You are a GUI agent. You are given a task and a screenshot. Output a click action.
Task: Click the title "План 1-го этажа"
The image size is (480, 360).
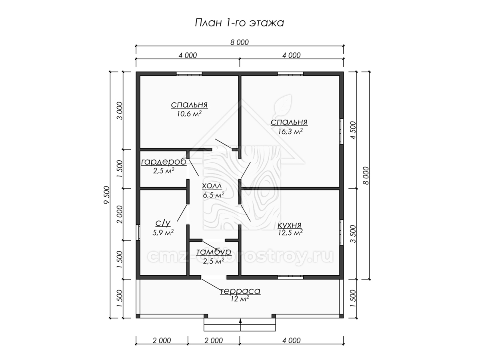tap(239, 23)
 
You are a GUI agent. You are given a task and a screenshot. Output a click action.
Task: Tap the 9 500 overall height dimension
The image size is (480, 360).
tap(106, 195)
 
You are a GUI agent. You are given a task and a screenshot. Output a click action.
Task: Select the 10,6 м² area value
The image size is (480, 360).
tap(189, 114)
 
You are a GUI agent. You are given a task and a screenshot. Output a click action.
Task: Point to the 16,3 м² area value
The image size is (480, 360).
tap(290, 131)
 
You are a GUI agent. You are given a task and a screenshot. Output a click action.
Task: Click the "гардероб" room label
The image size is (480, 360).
tap(164, 162)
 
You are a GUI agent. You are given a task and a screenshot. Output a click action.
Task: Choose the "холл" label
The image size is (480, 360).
tap(212, 186)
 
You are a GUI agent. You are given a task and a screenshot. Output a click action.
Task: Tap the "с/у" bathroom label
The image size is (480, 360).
tap(163, 223)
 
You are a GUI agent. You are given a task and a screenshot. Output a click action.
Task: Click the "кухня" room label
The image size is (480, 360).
tap(289, 225)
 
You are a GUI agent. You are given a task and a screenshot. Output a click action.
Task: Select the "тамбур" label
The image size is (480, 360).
tap(214, 252)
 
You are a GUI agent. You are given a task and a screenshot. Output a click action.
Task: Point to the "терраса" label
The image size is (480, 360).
tap(240, 291)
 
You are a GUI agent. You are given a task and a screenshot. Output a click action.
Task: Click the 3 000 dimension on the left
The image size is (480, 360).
tap(120, 111)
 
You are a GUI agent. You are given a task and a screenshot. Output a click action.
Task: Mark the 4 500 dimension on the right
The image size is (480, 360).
tap(353, 130)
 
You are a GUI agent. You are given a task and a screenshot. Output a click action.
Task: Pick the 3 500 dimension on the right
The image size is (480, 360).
tap(353, 234)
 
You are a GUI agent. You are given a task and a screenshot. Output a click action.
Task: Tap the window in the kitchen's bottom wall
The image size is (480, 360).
tap(290, 277)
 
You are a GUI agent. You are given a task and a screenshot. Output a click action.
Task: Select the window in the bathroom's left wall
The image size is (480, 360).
tap(138, 232)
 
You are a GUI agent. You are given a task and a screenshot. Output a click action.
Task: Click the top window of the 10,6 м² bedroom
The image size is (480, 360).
tap(189, 74)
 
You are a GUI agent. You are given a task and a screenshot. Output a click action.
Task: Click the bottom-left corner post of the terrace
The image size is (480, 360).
tap(138, 316)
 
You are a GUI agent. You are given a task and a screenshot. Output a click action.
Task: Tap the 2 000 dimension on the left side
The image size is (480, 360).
tap(120, 214)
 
